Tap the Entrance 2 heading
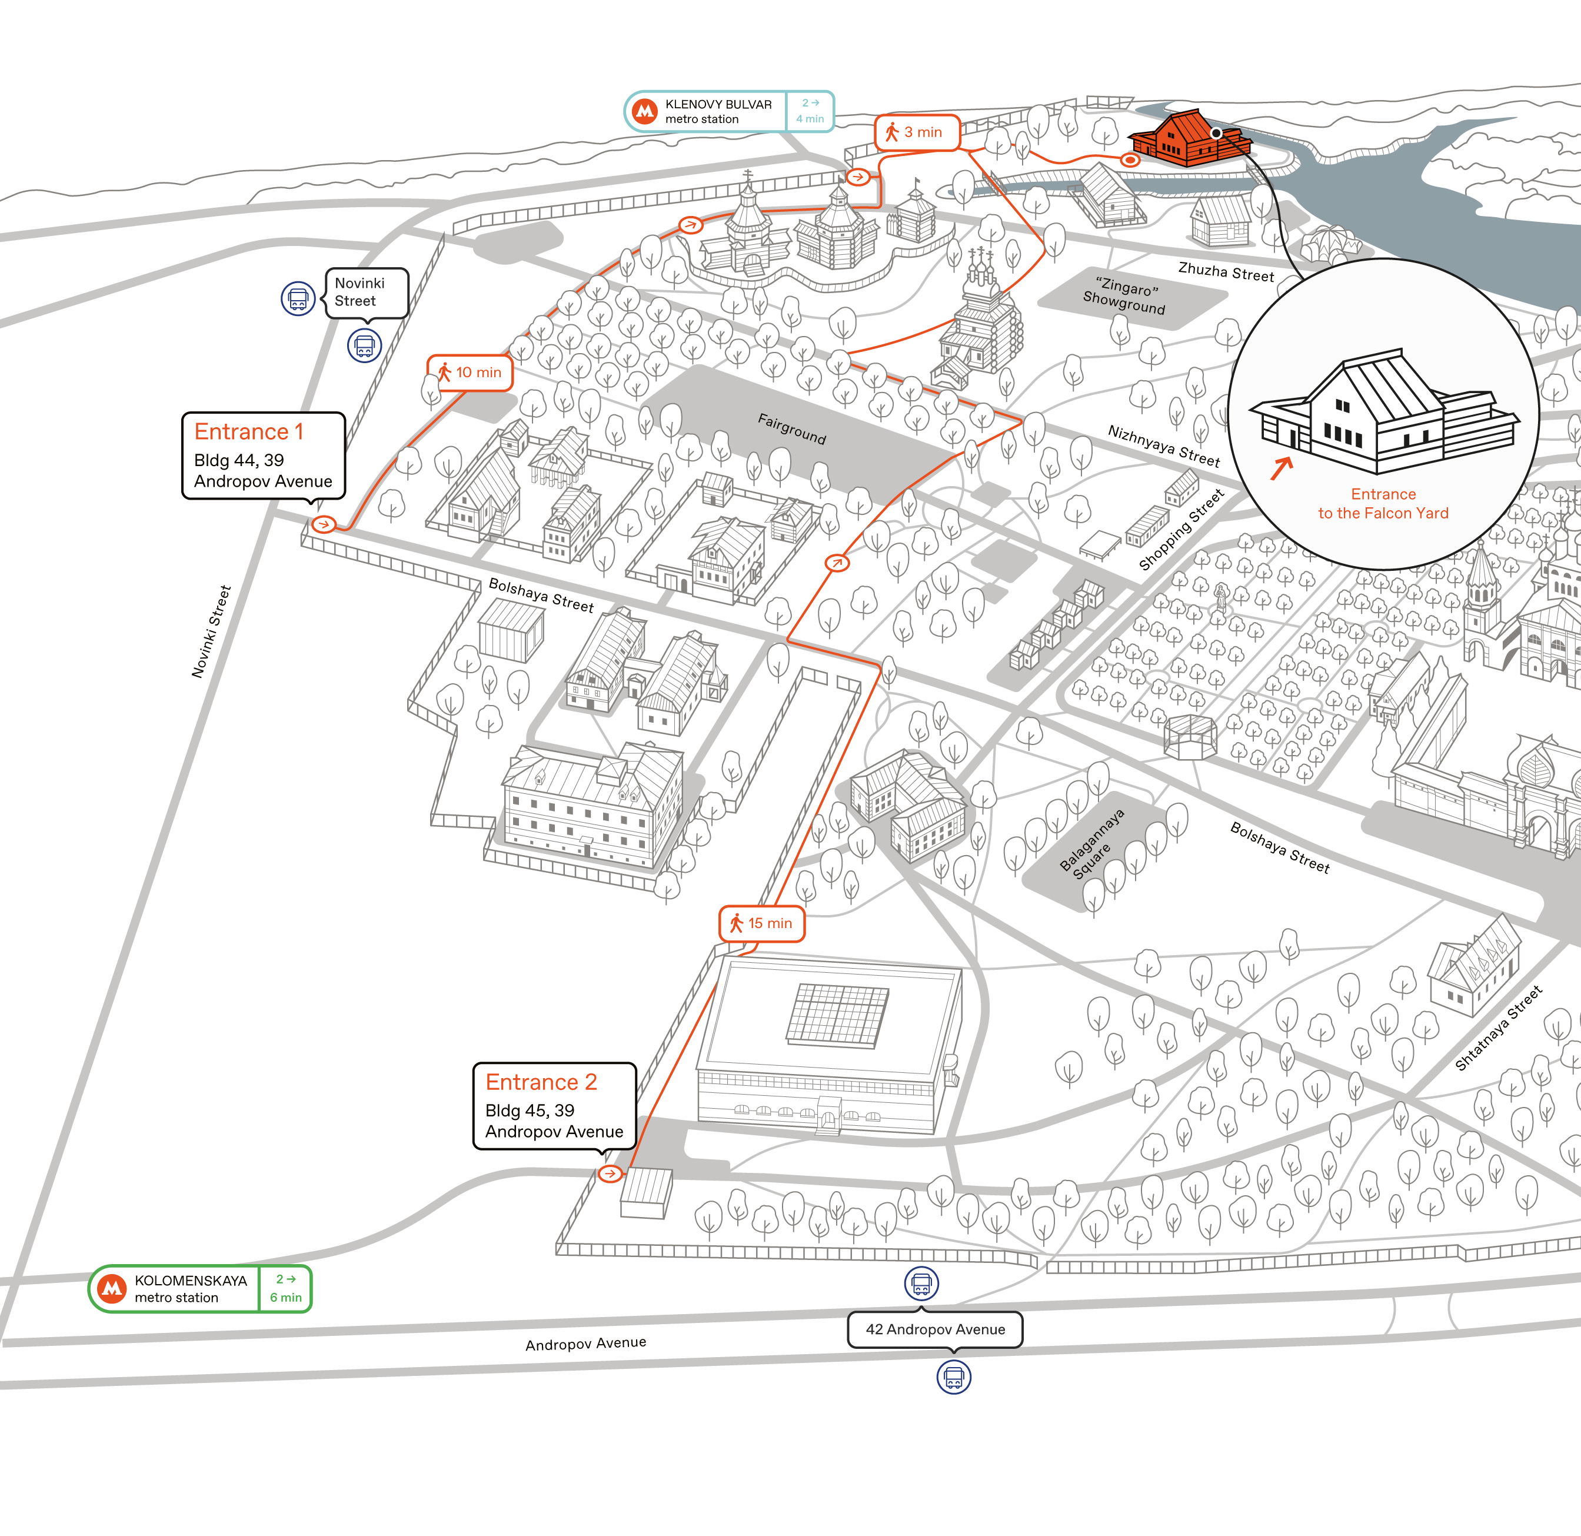point(541,1082)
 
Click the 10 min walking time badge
point(470,373)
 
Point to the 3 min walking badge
point(917,132)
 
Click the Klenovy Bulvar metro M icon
point(644,111)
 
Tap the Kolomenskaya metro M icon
point(112,1288)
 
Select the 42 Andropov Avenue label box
point(935,1329)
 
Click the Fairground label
point(791,428)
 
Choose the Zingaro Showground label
point(1124,296)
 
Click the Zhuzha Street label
point(1226,272)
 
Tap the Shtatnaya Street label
point(1498,1028)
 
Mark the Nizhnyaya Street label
point(1164,446)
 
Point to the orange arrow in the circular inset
point(1282,468)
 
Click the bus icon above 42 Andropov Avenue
point(921,1284)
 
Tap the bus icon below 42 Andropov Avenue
point(953,1377)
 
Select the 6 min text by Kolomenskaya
point(285,1297)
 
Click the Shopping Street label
point(1181,529)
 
